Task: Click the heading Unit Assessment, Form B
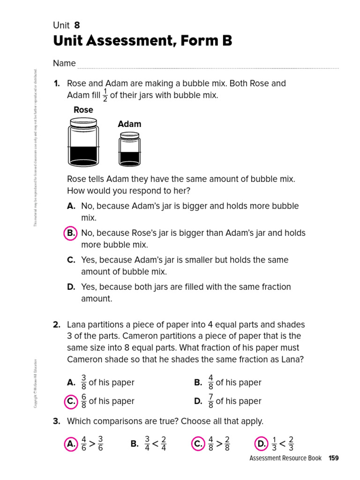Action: point(142,41)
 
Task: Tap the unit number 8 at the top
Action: point(77,25)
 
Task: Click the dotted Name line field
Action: point(208,65)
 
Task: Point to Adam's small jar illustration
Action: point(129,149)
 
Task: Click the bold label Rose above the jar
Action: point(83,110)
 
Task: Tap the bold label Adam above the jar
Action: point(129,124)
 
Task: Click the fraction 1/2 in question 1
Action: point(105,95)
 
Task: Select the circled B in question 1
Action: point(70,233)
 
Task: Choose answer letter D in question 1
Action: point(71,287)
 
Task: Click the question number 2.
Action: point(57,324)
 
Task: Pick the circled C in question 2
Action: point(70,401)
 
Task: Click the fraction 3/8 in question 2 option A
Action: point(84,382)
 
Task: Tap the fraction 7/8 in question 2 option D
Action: point(210,401)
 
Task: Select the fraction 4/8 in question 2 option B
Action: point(210,382)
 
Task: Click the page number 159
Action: point(333,458)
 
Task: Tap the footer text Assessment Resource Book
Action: point(285,458)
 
